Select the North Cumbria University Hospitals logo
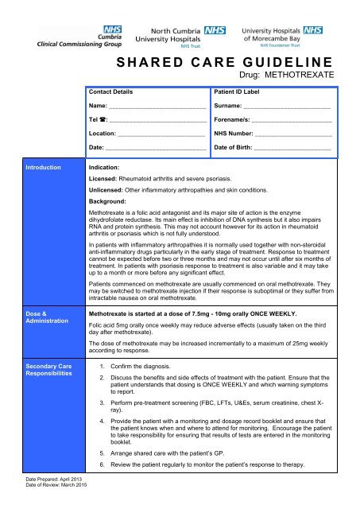click(x=176, y=34)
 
